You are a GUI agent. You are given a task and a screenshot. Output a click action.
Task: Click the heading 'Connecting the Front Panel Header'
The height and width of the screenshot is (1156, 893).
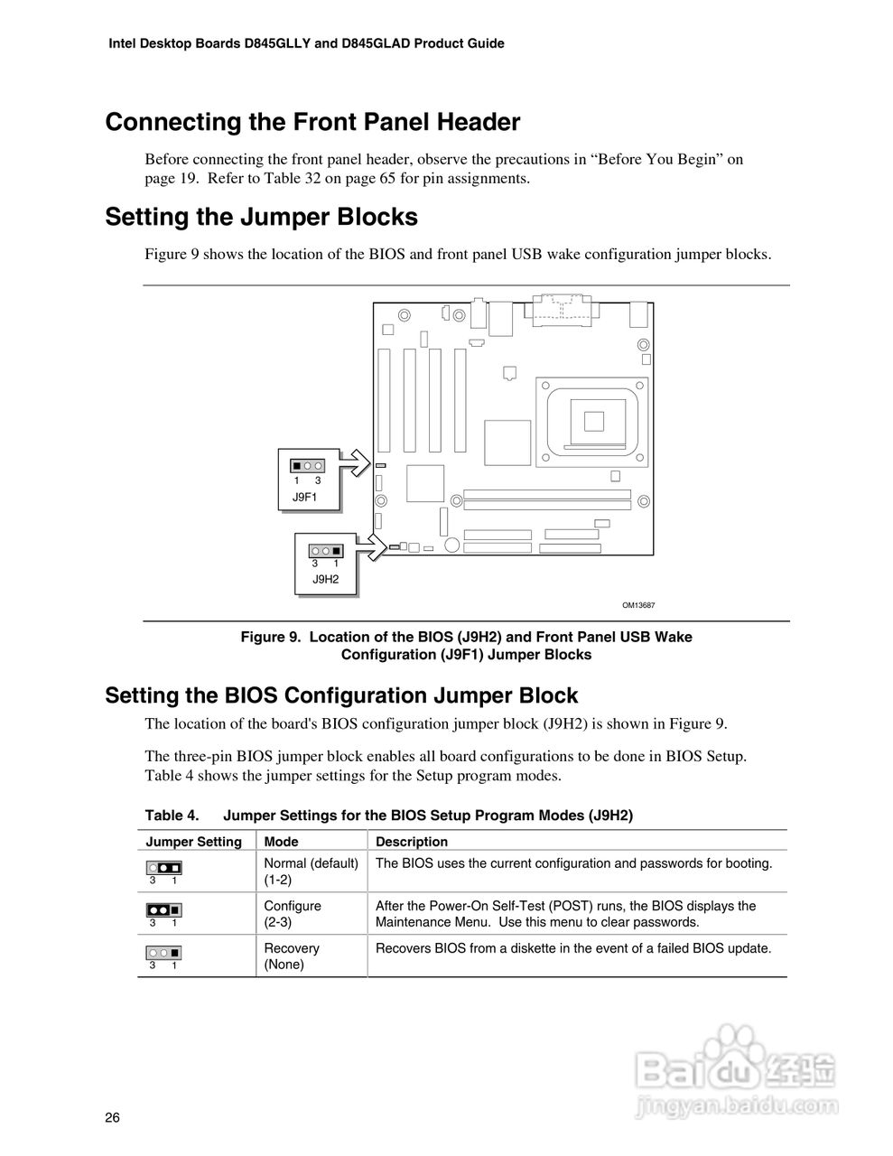312,123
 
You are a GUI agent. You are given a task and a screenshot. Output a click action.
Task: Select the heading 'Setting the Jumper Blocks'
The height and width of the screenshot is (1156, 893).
261,218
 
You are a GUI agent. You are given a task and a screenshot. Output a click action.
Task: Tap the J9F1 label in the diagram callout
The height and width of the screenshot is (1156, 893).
304,497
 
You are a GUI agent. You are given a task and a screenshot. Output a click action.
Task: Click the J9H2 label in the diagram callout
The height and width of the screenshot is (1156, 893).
325,579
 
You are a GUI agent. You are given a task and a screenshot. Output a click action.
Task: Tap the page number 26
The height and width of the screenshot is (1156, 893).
112,1118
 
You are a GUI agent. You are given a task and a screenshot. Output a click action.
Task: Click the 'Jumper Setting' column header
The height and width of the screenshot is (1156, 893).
194,842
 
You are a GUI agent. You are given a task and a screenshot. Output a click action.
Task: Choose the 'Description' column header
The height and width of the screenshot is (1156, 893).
412,842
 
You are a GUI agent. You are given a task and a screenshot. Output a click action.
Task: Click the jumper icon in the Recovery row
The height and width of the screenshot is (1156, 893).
163,952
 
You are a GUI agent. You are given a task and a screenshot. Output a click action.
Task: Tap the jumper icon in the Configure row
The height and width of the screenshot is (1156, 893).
163,909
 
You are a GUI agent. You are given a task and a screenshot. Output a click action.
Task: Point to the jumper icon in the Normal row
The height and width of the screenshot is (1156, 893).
163,867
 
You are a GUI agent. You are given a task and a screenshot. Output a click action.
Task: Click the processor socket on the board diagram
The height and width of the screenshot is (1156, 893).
592,421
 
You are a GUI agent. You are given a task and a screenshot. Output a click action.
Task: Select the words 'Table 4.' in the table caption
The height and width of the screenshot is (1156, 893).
172,816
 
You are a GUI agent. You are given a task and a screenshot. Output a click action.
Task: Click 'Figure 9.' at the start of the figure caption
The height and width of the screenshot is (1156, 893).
270,638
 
